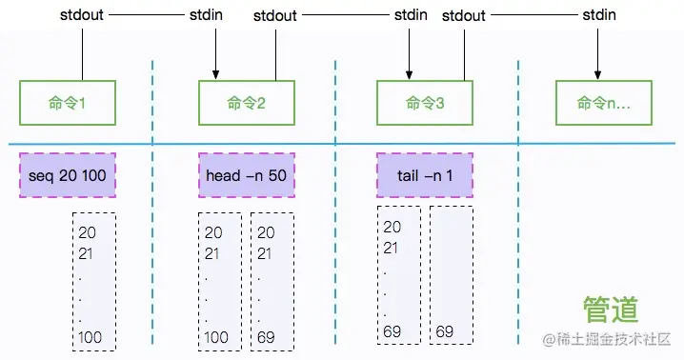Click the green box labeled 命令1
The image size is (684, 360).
[68, 103]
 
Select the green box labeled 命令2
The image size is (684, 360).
[247, 103]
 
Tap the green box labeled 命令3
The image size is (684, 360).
[425, 103]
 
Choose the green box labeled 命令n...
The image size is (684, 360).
[604, 103]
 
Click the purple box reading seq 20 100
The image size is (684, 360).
[68, 175]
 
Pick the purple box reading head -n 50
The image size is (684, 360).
[247, 175]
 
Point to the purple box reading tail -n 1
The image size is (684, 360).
[425, 175]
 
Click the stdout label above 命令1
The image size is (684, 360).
[82, 15]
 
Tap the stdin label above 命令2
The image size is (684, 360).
[206, 15]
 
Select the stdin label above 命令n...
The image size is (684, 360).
[599, 15]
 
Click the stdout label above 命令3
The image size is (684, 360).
[464, 15]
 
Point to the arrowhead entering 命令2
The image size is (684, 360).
[215, 74]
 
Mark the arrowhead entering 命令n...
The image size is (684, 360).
[597, 74]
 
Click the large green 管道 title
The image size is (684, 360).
[611, 309]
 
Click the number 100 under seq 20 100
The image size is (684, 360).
[90, 337]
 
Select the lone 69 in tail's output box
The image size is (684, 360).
[445, 331]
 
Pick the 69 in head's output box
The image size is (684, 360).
[266, 337]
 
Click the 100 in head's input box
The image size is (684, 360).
[216, 337]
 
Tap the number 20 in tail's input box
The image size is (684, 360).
[392, 227]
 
